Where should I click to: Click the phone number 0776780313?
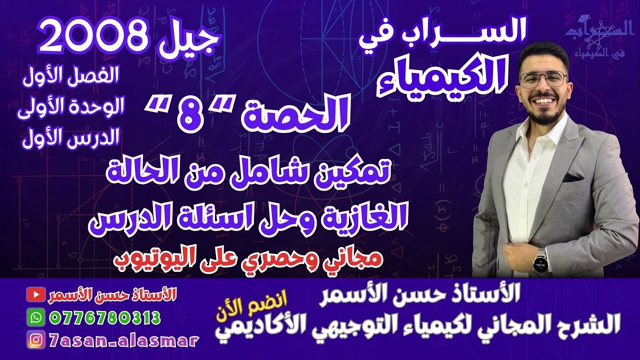tap(105, 317)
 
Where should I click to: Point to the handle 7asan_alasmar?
tap(123, 340)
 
